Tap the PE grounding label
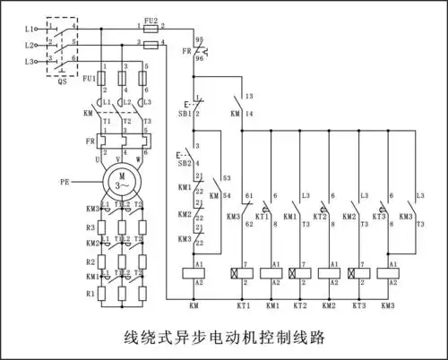[65, 182]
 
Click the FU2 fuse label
[151, 20]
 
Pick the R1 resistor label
[90, 294]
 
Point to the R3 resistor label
[90, 228]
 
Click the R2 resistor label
[90, 261]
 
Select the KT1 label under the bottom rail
[242, 306]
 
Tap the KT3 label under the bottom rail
[358, 306]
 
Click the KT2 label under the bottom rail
[300, 306]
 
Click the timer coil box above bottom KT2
[300, 273]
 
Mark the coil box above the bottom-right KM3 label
[387, 273]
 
